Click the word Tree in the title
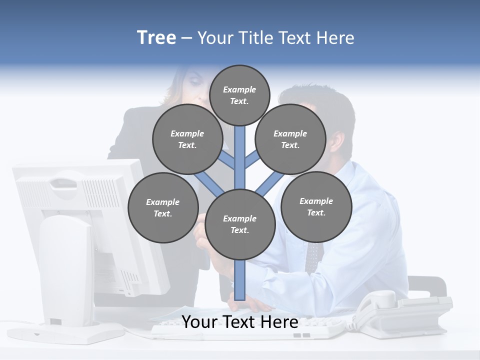pyautogui.click(x=156, y=38)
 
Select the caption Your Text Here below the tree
pyautogui.click(x=239, y=322)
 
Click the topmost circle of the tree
pyautogui.click(x=239, y=95)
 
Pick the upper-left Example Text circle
pyautogui.click(x=187, y=139)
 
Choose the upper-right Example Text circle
pyautogui.click(x=290, y=139)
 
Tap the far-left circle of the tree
pyautogui.click(x=162, y=207)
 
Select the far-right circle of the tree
pyautogui.click(x=316, y=206)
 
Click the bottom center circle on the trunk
pyautogui.click(x=239, y=224)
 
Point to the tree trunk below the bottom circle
pyautogui.click(x=239, y=280)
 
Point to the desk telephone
pyautogui.click(x=400, y=312)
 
